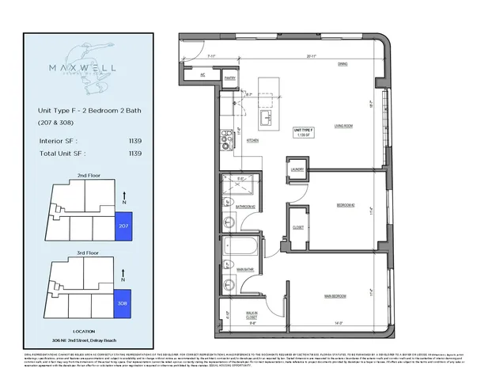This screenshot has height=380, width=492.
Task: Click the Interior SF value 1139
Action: (x=135, y=140)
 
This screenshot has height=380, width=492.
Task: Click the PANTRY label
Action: (x=231, y=78)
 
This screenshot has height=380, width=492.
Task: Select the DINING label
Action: (x=343, y=63)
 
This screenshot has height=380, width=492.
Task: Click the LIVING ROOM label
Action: (x=343, y=125)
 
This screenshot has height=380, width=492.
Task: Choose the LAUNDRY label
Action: (x=297, y=170)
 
